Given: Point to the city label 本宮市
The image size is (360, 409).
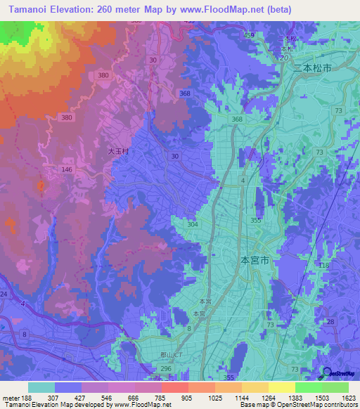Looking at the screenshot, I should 255,260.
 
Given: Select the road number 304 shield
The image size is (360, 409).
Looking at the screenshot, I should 193,224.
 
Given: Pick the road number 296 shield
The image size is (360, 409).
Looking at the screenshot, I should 166,368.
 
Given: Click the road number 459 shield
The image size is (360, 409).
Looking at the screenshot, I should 249,34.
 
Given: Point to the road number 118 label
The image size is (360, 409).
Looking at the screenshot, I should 324,266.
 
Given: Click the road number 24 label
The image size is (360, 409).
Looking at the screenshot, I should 4,294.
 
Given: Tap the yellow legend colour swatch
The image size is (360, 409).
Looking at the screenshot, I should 282,387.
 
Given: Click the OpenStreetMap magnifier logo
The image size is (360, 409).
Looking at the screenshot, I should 326,374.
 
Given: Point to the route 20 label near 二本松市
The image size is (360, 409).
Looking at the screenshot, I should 284,58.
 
